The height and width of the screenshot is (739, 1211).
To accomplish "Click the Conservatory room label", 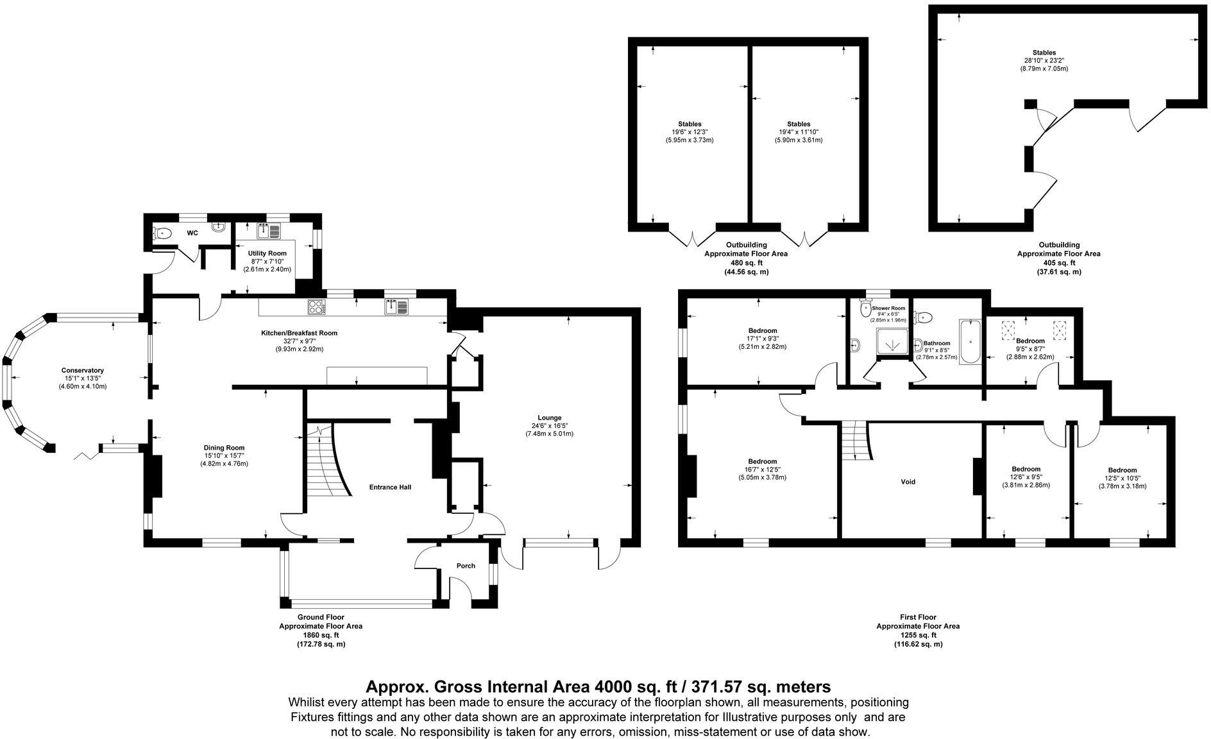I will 82,370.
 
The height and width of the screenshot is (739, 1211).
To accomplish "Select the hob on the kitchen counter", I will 317,307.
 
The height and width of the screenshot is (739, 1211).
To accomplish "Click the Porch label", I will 466,566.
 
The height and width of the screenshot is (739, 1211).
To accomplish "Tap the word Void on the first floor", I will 908,482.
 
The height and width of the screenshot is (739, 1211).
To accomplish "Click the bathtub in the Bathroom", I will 969,342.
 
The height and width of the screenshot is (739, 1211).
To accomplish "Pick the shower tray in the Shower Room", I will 892,344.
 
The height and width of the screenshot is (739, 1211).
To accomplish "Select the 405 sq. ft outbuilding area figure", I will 1058,263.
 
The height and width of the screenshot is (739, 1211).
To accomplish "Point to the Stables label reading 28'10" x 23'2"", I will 1044,53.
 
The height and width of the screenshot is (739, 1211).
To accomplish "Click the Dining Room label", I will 224,448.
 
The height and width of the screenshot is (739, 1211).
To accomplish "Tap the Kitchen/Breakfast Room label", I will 299,333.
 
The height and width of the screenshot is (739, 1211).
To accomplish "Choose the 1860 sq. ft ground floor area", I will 321,635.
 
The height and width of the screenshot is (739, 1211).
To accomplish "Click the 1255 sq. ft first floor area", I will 918,635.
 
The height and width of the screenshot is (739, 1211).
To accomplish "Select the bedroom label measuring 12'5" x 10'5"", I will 1122,470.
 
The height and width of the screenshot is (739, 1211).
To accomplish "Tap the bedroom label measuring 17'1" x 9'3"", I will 761,330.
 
